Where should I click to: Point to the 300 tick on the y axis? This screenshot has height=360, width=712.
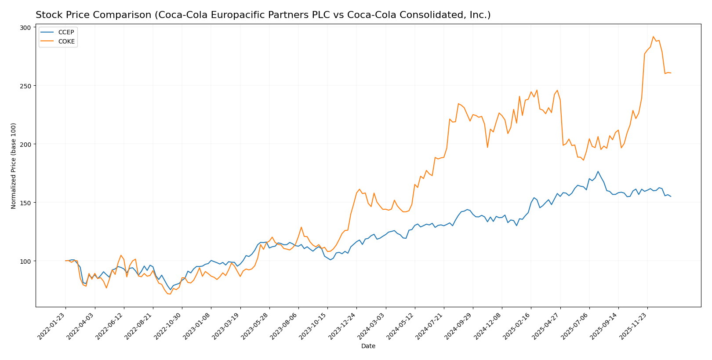[x=25, y=27]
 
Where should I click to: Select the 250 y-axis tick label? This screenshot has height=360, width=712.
[x=25, y=86]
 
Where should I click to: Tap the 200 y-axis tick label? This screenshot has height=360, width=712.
[x=25, y=144]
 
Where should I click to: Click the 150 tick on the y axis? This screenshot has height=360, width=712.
[x=25, y=203]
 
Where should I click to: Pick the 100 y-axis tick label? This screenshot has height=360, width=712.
[x=25, y=261]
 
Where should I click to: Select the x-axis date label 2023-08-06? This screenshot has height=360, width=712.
[x=285, y=326]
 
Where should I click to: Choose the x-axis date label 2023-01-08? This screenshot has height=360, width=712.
[x=198, y=326]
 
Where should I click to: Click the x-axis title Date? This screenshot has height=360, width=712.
[x=368, y=346]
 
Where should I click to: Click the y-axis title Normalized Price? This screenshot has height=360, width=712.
[x=14, y=166]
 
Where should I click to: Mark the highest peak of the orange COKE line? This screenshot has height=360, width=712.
[x=653, y=37]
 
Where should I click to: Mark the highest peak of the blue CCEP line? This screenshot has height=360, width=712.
[x=598, y=171]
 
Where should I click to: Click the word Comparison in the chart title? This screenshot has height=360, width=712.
[x=127, y=15]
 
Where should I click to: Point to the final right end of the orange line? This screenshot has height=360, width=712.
[x=671, y=73]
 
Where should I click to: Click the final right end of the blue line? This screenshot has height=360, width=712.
[x=671, y=196]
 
